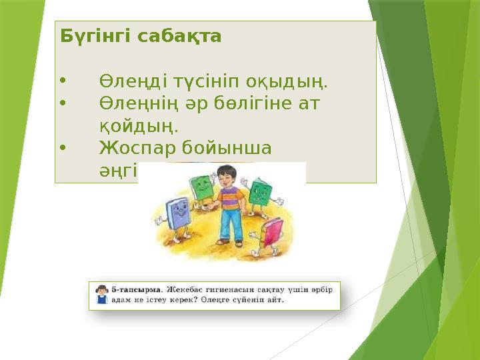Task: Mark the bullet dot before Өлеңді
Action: [63, 82]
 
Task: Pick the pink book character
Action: [271, 233]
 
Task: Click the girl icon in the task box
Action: [102, 295]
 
